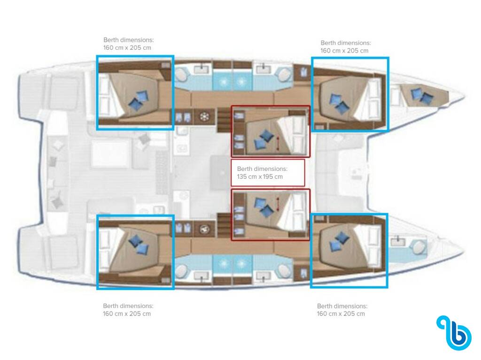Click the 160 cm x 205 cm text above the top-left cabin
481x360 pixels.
[127, 48]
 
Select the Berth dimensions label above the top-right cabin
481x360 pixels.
[346, 43]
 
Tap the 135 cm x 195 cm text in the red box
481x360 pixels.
[260, 176]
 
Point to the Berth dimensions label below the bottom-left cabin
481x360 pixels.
[128, 306]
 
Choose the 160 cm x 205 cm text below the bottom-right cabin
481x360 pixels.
[341, 314]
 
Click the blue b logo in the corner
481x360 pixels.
[455, 332]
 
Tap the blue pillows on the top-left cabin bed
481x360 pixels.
[139, 100]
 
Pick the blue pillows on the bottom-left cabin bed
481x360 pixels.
[139, 245]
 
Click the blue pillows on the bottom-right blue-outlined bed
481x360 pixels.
[339, 241]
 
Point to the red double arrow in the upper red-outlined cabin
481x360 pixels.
[278, 144]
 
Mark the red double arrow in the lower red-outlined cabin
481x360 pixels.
[278, 204]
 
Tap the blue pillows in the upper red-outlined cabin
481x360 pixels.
[264, 140]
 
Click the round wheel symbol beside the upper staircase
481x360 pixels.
[204, 116]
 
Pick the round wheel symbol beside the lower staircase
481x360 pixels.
[204, 229]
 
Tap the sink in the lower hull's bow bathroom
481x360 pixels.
[398, 242]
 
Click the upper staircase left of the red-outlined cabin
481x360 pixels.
[224, 120]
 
